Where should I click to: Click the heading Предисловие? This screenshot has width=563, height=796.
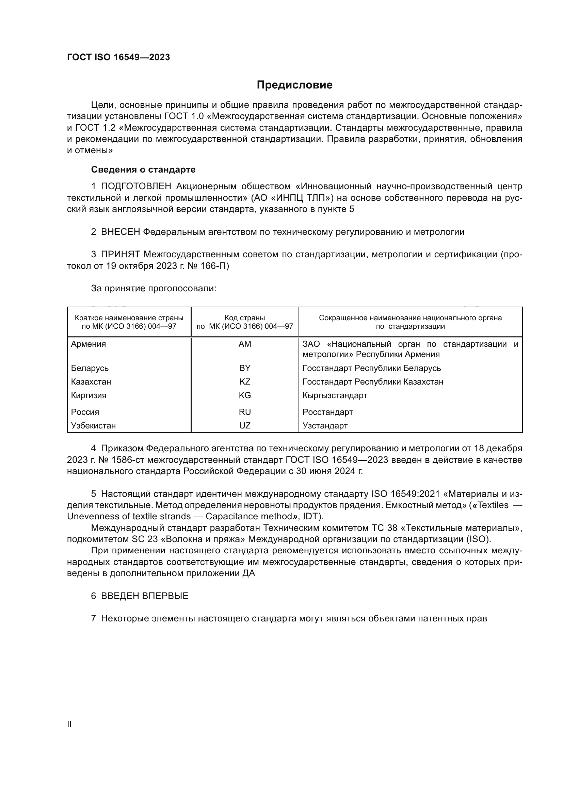[x=294, y=85]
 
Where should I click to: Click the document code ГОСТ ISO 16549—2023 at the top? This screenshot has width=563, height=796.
[x=118, y=58]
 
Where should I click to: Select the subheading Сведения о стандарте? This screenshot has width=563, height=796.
[x=143, y=169]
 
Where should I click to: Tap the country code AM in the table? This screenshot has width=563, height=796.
[x=245, y=344]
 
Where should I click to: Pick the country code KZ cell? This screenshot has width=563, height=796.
[x=245, y=382]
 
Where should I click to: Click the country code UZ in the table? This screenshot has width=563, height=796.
[x=245, y=426]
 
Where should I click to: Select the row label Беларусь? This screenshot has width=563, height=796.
[x=90, y=368]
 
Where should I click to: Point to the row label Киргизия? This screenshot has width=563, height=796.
[x=89, y=395]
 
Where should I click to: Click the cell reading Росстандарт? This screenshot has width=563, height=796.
[x=327, y=412]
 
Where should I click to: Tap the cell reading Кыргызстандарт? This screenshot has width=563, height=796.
[x=335, y=395]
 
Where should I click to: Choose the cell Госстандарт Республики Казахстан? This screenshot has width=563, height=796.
[x=373, y=382]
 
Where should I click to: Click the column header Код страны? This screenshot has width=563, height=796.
[x=245, y=318]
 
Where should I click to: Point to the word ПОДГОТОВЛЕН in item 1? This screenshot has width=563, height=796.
[x=136, y=186]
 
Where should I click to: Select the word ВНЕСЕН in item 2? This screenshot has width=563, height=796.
[x=120, y=232]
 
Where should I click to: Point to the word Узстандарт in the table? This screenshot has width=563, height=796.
[x=325, y=426]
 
